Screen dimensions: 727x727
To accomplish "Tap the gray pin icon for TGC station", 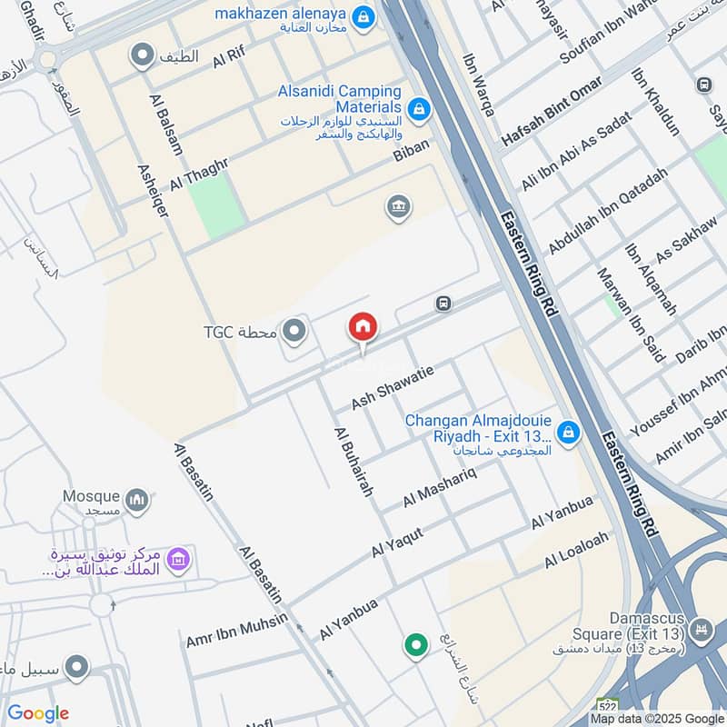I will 294,332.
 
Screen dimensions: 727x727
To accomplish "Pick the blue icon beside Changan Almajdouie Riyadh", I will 568,433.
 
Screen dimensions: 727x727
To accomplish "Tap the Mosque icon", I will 137,501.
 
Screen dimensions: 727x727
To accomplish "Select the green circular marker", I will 416,645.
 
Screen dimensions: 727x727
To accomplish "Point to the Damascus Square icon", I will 701,629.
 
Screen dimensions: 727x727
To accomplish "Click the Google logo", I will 38,713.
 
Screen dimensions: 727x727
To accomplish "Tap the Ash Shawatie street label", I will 393,387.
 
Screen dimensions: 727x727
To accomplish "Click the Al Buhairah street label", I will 354,461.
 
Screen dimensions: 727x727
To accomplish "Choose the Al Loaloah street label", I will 575,551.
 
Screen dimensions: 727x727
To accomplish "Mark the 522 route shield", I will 607,706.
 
